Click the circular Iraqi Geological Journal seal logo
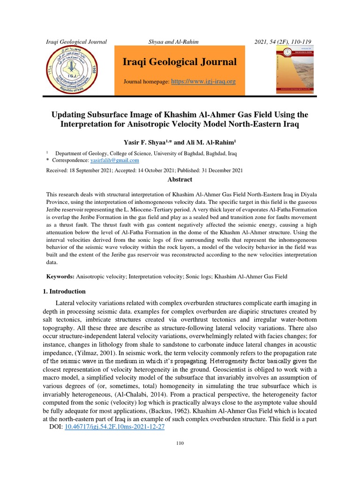(75, 70)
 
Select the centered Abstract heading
(180, 180)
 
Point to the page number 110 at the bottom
(180, 456)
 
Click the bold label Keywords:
(60, 277)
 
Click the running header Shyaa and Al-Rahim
(173, 42)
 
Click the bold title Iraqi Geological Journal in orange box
(180, 62)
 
